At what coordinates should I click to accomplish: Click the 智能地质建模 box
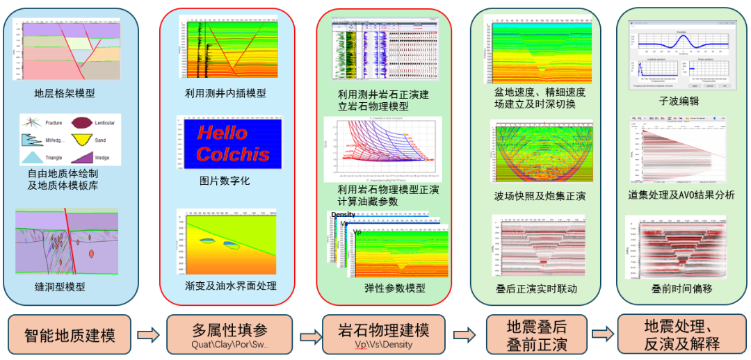[x=70, y=335]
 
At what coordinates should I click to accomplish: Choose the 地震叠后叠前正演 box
[x=536, y=335]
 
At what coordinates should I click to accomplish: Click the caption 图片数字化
[x=225, y=181]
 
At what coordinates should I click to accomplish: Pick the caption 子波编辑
[x=679, y=101]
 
